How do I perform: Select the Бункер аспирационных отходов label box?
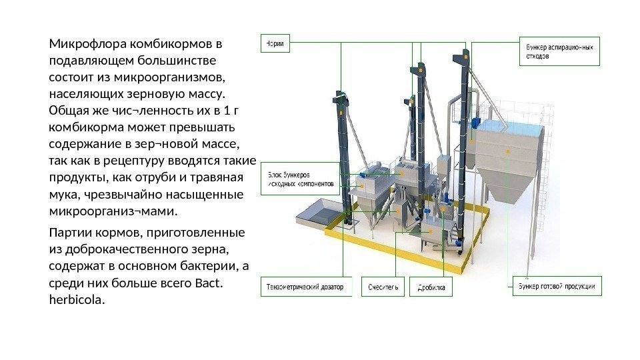(x=559, y=51)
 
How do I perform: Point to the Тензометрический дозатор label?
(x=305, y=287)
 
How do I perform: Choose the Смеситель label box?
(x=383, y=287)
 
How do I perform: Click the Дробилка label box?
(x=431, y=287)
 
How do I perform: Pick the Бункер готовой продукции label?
(x=557, y=287)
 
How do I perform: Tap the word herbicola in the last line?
(x=77, y=301)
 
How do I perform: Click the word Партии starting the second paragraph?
(x=69, y=233)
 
